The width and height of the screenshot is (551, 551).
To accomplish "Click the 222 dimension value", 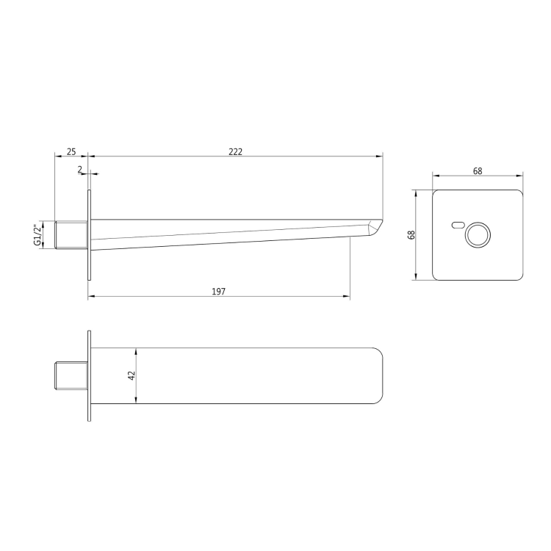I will click(x=235, y=151).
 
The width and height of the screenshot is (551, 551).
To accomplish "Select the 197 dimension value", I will click(x=219, y=292).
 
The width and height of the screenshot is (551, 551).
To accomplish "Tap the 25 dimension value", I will click(x=71, y=151).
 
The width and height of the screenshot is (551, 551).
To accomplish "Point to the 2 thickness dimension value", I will click(x=80, y=169).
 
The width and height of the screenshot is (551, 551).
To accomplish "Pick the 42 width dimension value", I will click(x=132, y=375).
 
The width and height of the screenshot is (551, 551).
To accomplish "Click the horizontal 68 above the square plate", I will click(x=478, y=171).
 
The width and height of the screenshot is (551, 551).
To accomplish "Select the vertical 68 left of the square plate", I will click(x=412, y=234).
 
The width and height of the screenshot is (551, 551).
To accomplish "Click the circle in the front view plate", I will click(x=478, y=235).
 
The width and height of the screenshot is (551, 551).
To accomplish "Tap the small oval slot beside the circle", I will click(x=458, y=226).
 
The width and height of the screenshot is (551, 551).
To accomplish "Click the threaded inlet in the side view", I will click(x=71, y=235).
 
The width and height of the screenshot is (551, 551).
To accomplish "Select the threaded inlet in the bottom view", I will click(x=71, y=375).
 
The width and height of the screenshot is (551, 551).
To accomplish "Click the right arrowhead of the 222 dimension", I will click(x=381, y=156).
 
